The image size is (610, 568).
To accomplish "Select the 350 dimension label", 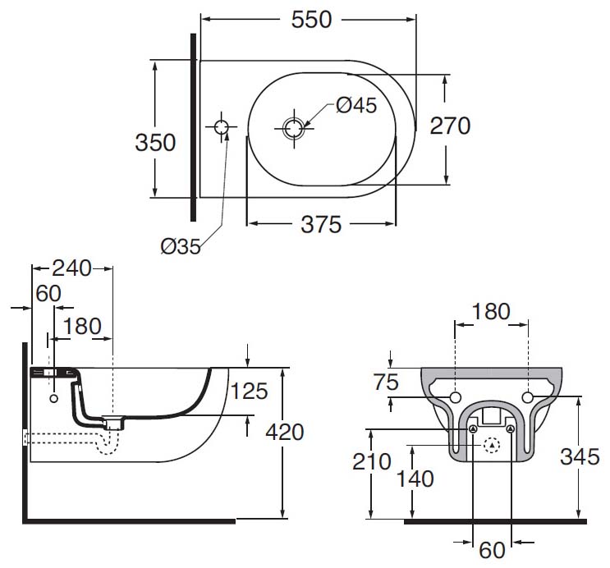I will [x=155, y=142].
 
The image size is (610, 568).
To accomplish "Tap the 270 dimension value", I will [x=451, y=126].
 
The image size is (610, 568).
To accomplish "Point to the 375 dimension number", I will [x=321, y=224].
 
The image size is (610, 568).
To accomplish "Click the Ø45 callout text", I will [x=355, y=105].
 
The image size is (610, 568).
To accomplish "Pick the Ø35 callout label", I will [x=181, y=245].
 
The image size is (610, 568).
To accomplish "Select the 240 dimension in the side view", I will [x=71, y=268].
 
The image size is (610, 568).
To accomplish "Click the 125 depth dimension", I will [x=249, y=391].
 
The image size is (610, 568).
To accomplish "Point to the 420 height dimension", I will [x=285, y=432].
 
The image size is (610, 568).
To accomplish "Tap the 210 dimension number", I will [x=374, y=462].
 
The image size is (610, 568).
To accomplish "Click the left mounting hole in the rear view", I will [x=456, y=398].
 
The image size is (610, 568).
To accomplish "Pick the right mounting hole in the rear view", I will [x=528, y=398].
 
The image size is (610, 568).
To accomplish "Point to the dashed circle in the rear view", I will [x=492, y=446].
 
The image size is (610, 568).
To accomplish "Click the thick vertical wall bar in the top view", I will [x=193, y=127].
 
